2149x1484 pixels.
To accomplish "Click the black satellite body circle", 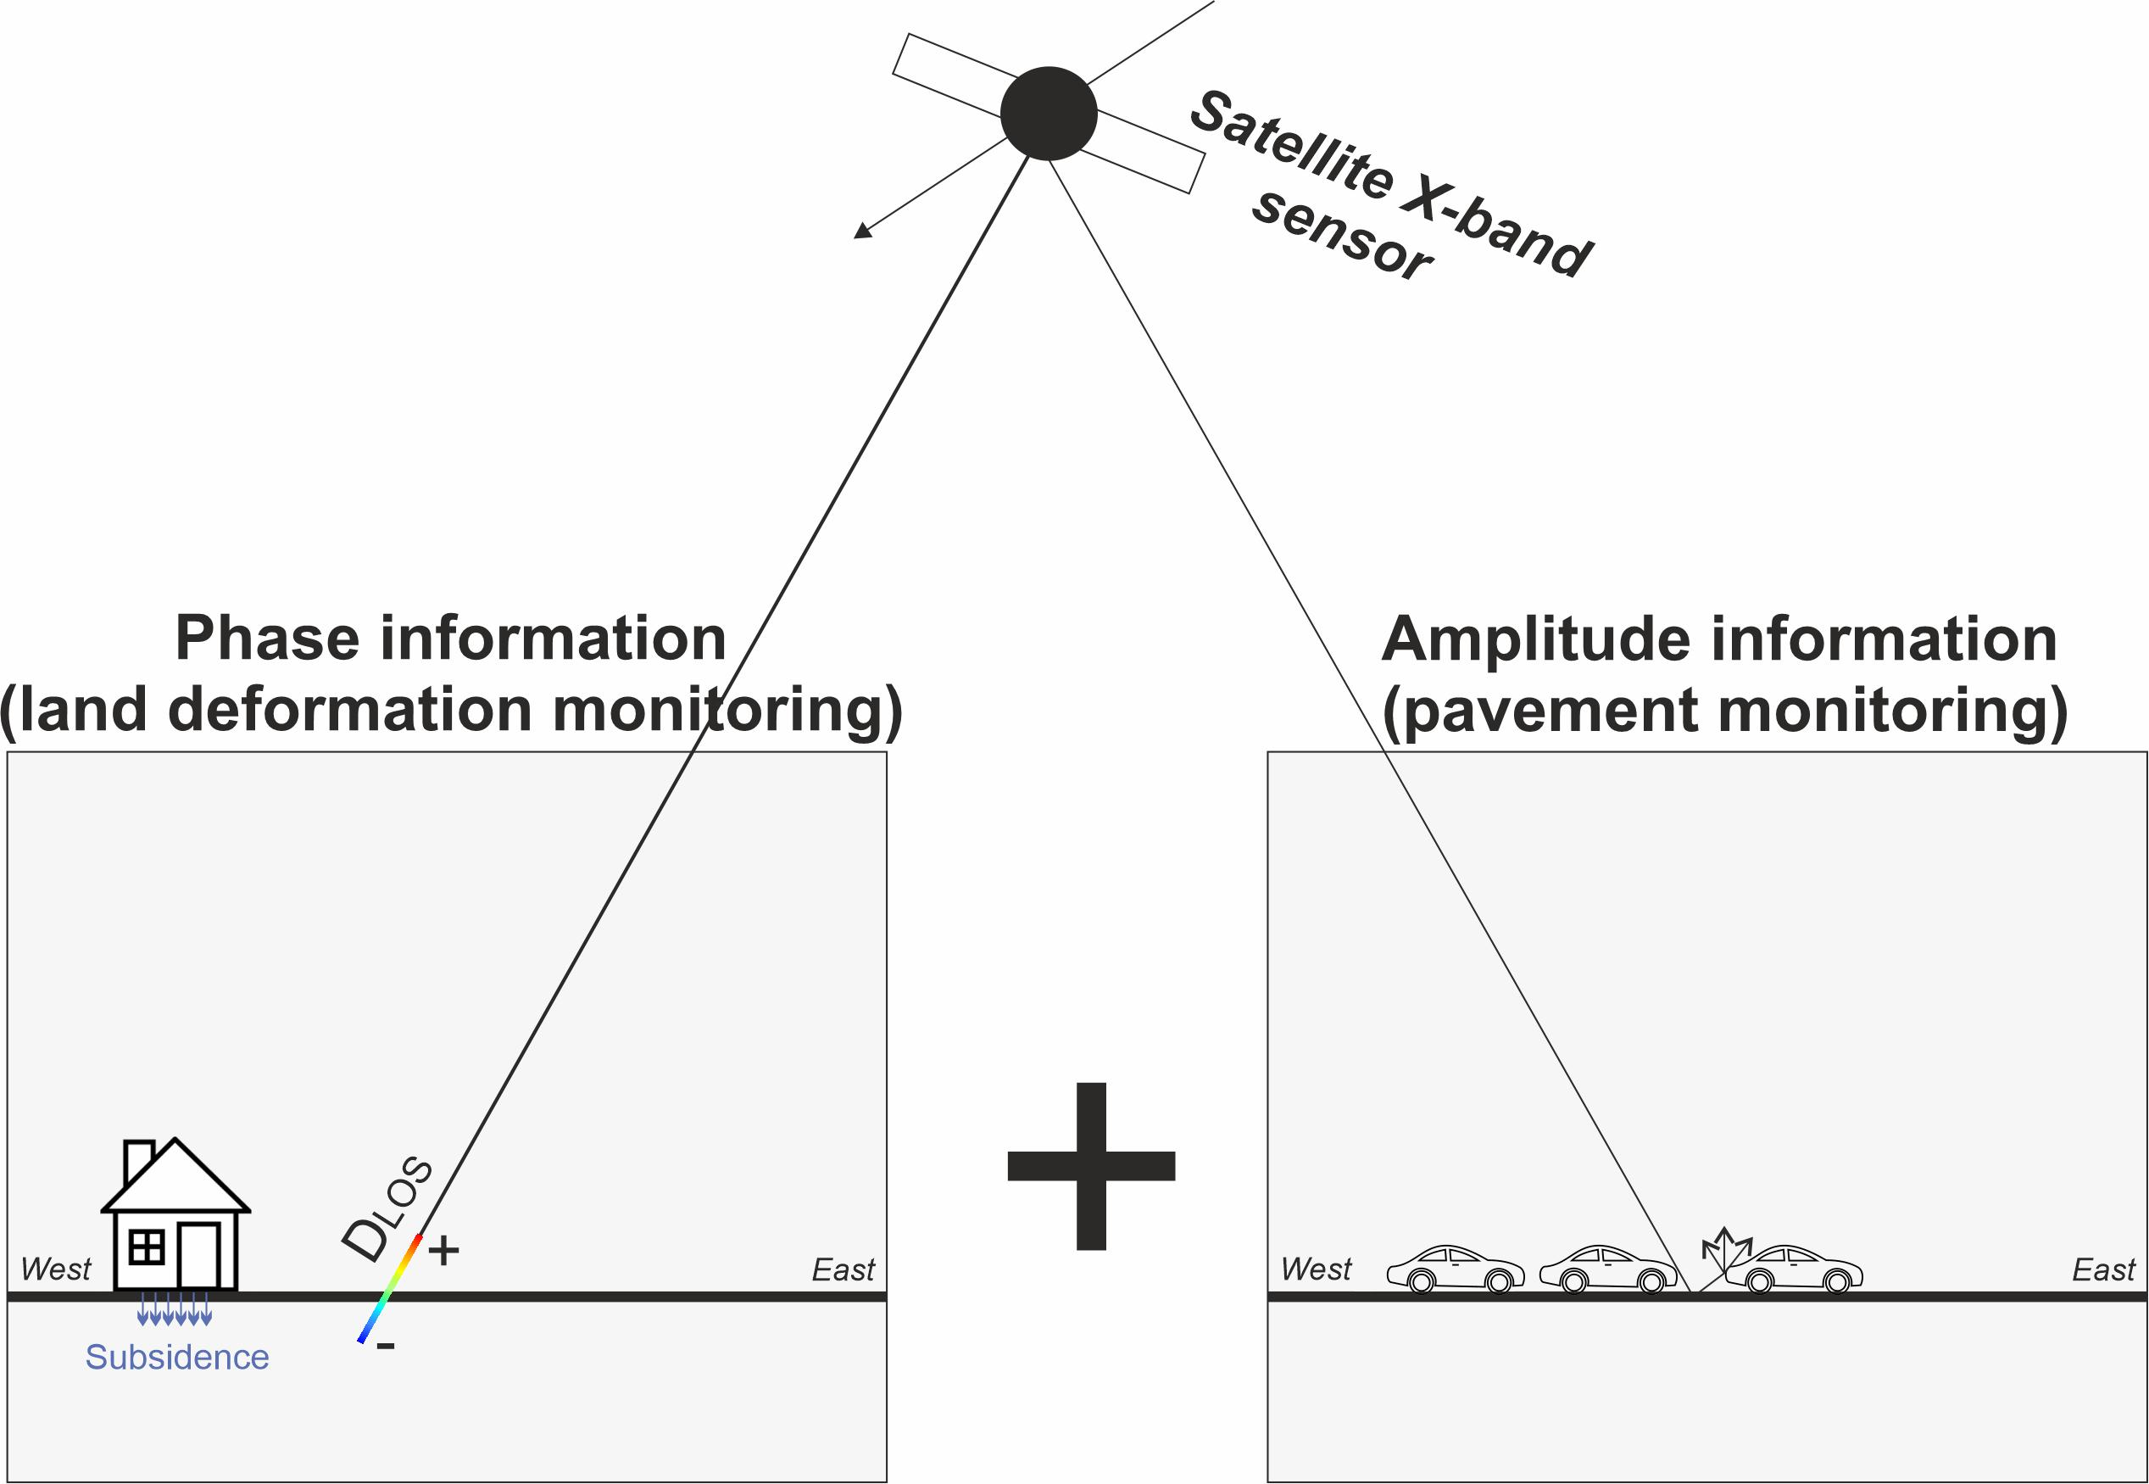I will point(1049,114).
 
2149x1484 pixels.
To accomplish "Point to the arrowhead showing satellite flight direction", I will point(861,232).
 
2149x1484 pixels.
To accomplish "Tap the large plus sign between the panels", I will point(1091,1166).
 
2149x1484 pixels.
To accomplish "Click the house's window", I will point(147,1247).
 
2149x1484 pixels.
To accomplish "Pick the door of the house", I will point(198,1254).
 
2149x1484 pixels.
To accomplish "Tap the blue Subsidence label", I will point(176,1358).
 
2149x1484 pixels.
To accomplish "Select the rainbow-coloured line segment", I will point(391,1289).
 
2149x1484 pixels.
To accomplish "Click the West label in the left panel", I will point(56,1269).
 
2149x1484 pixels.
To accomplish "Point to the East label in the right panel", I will point(2103,1270).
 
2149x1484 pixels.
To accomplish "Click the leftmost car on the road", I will point(1455,1269).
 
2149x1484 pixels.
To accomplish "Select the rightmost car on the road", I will point(1794,1269).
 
